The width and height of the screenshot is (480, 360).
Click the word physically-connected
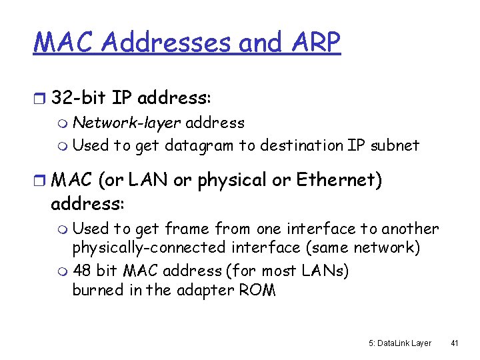coord(143,249)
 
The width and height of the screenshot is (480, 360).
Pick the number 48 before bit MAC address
coord(82,271)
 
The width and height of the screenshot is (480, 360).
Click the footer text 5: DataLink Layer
coord(400,343)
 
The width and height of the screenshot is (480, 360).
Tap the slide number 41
coord(455,343)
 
